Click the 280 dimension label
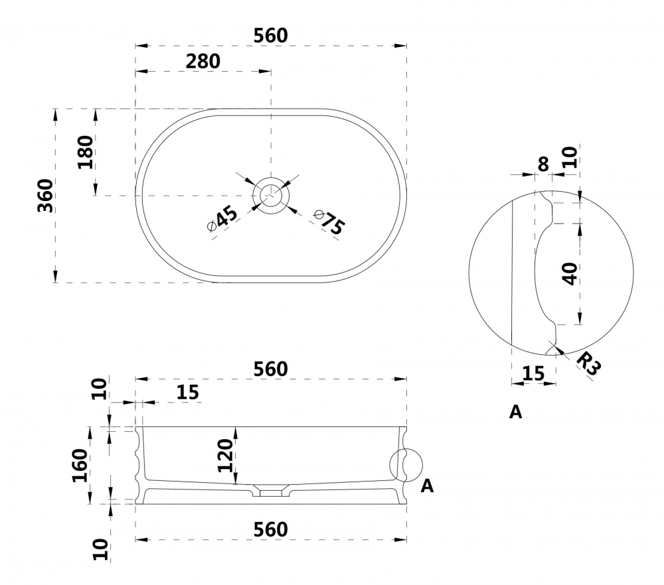click(203, 62)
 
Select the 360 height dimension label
click(46, 196)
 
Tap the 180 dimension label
click(86, 153)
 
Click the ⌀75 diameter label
click(329, 222)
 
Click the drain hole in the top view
click(271, 195)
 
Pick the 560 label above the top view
click(271, 36)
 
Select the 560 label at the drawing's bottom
click(271, 529)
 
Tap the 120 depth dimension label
click(225, 456)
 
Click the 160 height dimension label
click(80, 466)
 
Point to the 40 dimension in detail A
click(570, 274)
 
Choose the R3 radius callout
click(588, 363)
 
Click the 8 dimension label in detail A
click(543, 164)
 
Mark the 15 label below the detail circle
click(533, 373)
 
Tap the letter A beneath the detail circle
click(515, 412)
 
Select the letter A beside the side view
click(427, 486)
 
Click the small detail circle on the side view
click(406, 466)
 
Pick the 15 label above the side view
click(188, 393)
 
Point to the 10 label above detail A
click(570, 157)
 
